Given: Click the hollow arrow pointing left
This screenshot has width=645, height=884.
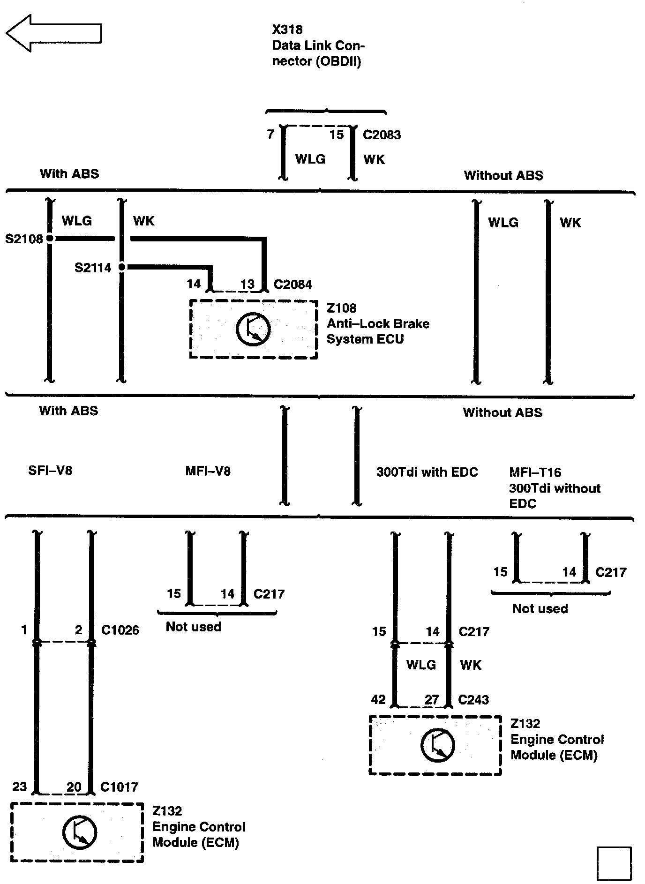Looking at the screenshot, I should click(x=53, y=33).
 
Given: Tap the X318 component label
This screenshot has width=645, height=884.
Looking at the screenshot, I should click(x=287, y=30).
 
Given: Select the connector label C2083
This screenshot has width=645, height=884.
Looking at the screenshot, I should click(x=382, y=135).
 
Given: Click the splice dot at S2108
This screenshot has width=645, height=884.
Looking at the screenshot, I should click(x=49, y=239).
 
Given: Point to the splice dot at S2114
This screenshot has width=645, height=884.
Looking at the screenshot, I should click(x=122, y=267).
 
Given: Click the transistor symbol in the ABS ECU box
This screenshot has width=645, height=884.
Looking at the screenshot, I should click(x=253, y=329).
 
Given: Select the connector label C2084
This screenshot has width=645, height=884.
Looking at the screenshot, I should click(x=292, y=285).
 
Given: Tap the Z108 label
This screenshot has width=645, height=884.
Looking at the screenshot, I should click(x=341, y=308).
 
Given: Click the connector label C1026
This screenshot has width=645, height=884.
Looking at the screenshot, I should click(x=120, y=630).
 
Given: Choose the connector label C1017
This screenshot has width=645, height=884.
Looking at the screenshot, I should click(x=119, y=787).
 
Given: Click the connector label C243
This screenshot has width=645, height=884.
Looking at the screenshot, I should click(x=473, y=700).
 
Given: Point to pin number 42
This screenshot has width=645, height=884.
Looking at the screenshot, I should click(x=378, y=700).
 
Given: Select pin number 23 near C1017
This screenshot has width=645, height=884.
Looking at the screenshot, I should click(x=19, y=787).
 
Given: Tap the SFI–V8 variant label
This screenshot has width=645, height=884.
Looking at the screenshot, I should click(x=50, y=470).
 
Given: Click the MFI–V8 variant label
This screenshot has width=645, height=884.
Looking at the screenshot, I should click(x=208, y=471).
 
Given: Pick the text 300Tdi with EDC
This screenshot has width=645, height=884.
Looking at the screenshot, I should click(x=427, y=472).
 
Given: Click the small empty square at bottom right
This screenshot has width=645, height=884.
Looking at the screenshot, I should click(x=614, y=863).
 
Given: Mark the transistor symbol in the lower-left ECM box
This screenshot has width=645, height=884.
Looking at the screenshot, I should click(x=80, y=832).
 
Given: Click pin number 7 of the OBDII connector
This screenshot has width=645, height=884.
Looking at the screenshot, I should click(x=270, y=135).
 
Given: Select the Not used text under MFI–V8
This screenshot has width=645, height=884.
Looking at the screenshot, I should click(x=193, y=627).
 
